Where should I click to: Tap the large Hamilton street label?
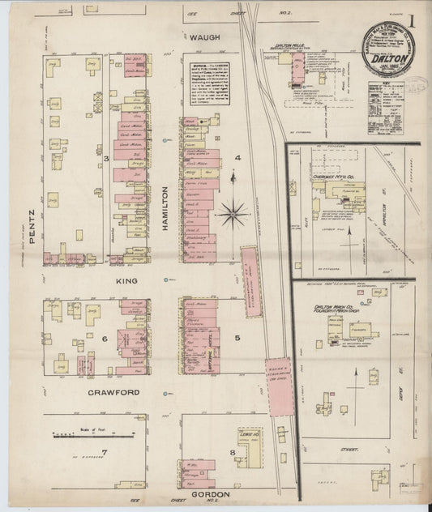pyautogui.click(x=165, y=209)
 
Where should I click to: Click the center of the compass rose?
pyautogui.click(x=233, y=214)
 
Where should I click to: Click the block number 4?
pyautogui.click(x=238, y=157)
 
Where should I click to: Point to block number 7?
pyautogui.click(x=104, y=451)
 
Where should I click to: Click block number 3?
pyautogui.click(x=105, y=157)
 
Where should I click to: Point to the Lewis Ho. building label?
pyautogui.click(x=248, y=433)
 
